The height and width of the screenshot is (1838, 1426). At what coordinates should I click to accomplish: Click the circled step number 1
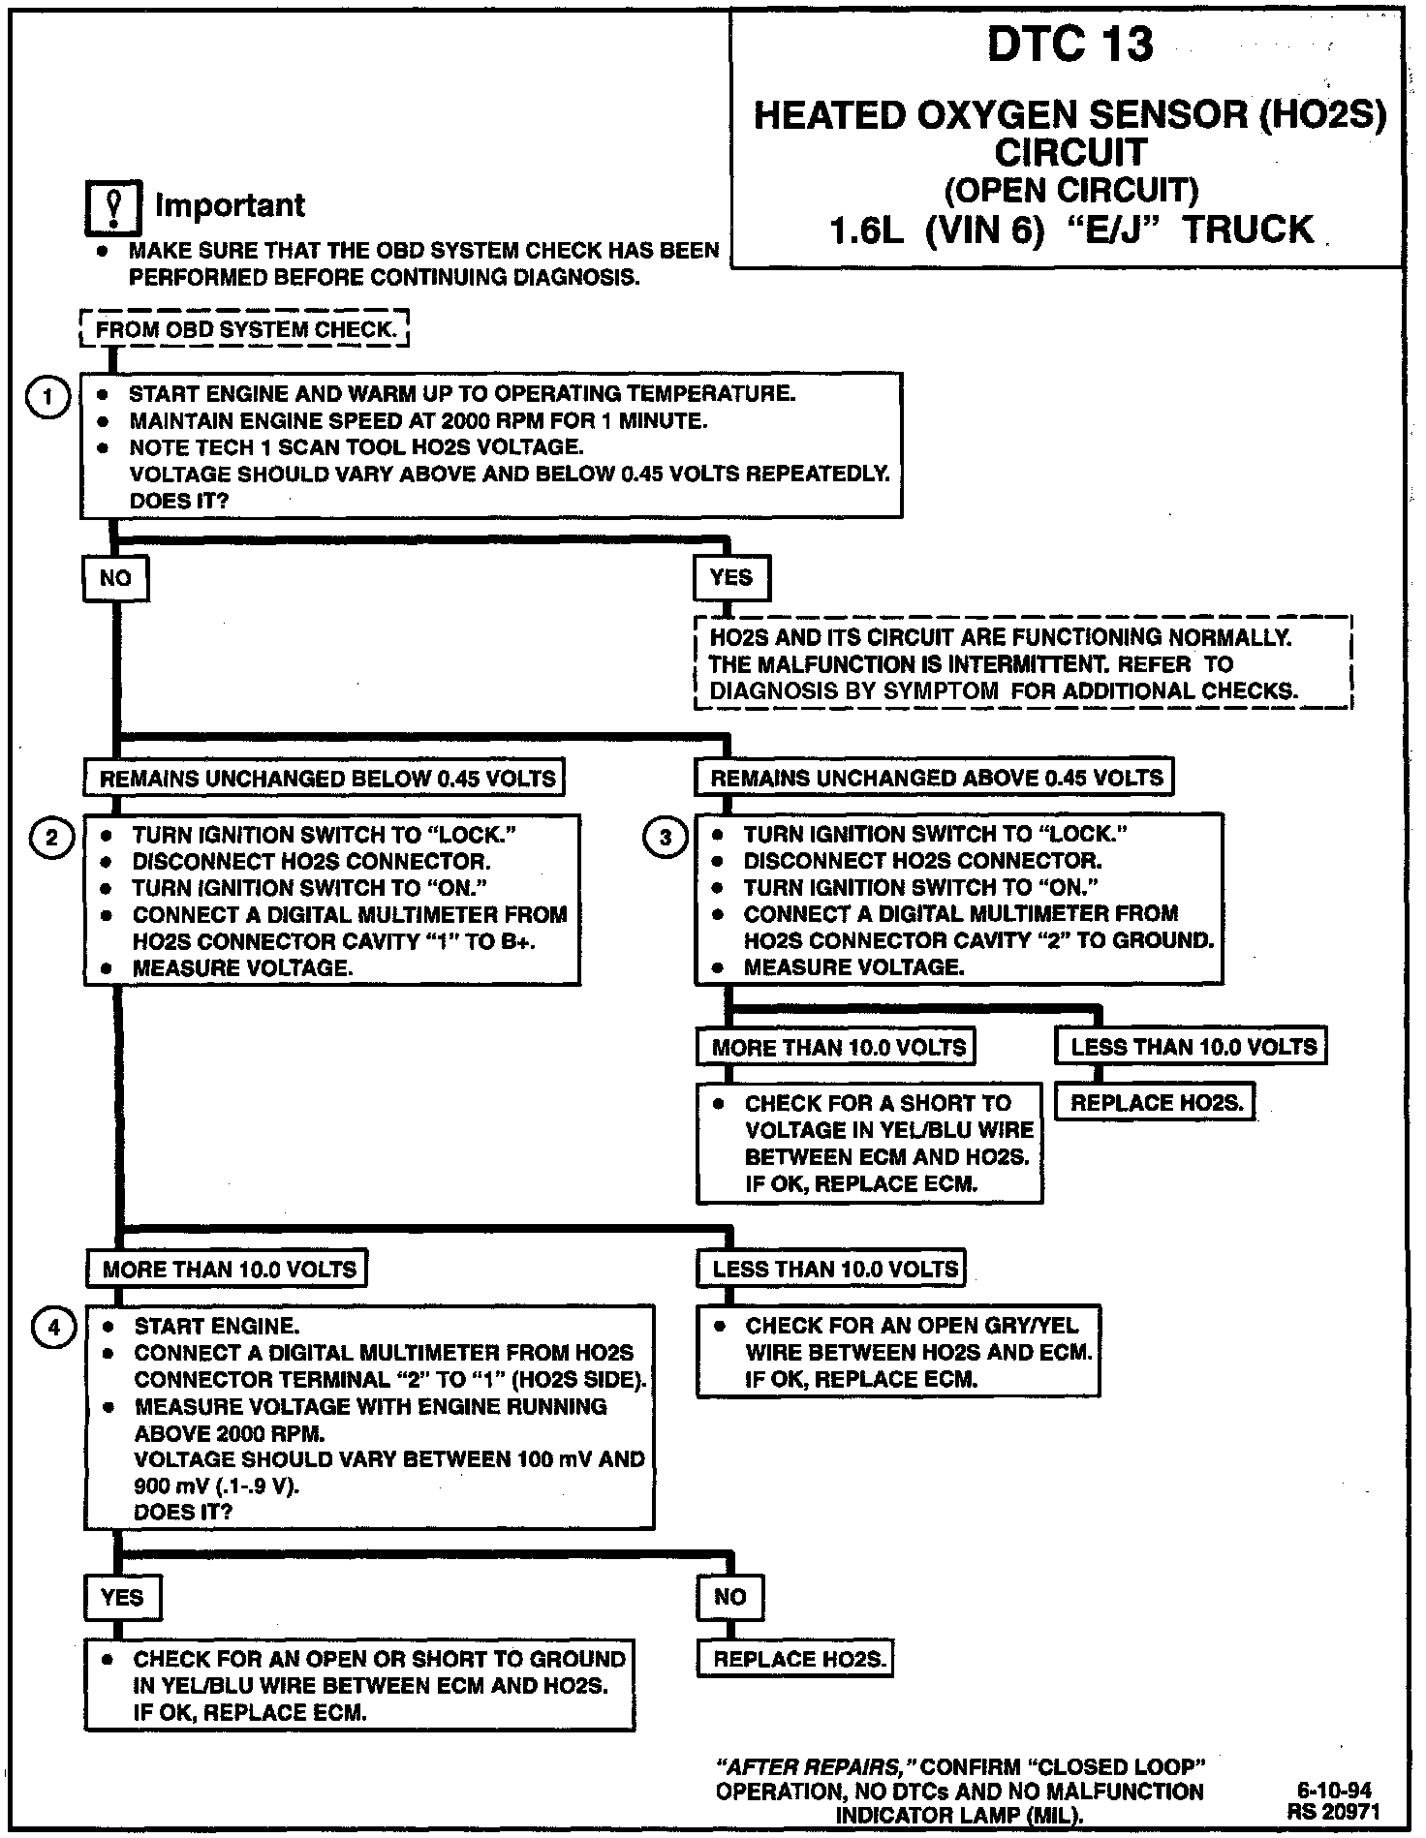click(x=46, y=397)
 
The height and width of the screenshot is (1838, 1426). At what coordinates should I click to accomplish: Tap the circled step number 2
click(x=51, y=838)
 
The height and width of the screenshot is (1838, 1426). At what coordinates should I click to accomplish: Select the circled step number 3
click(x=665, y=838)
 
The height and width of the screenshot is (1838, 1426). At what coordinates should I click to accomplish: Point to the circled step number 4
click(x=53, y=1328)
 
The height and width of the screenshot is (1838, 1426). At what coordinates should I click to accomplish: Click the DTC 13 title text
click(x=1069, y=45)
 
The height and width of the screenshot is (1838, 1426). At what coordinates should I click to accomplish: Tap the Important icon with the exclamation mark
click(x=113, y=207)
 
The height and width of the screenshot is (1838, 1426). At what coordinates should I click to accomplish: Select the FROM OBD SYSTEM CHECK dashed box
click(x=245, y=329)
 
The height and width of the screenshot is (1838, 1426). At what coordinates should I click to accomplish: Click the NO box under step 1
click(x=115, y=578)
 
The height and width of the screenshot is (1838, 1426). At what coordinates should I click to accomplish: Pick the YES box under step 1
click(x=730, y=578)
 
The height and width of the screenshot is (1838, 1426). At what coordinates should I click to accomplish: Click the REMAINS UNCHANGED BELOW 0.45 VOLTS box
click(x=326, y=779)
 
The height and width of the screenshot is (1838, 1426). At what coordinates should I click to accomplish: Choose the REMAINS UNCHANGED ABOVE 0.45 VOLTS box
click(x=936, y=778)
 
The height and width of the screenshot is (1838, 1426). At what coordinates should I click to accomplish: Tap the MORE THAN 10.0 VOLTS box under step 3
click(x=838, y=1047)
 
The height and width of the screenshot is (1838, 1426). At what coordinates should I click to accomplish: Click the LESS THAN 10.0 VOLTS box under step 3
click(x=1193, y=1046)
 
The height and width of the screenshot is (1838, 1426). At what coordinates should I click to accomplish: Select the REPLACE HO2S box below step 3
click(x=1156, y=1102)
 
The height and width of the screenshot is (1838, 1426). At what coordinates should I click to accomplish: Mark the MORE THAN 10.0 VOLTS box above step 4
click(x=229, y=1270)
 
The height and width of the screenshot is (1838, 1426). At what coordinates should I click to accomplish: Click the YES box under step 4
click(x=122, y=1597)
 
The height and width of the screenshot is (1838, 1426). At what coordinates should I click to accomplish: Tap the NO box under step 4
click(x=729, y=1597)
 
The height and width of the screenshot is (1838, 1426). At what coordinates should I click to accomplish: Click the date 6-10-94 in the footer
click(x=1334, y=1791)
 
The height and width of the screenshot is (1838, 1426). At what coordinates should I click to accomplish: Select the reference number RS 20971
click(x=1334, y=1810)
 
